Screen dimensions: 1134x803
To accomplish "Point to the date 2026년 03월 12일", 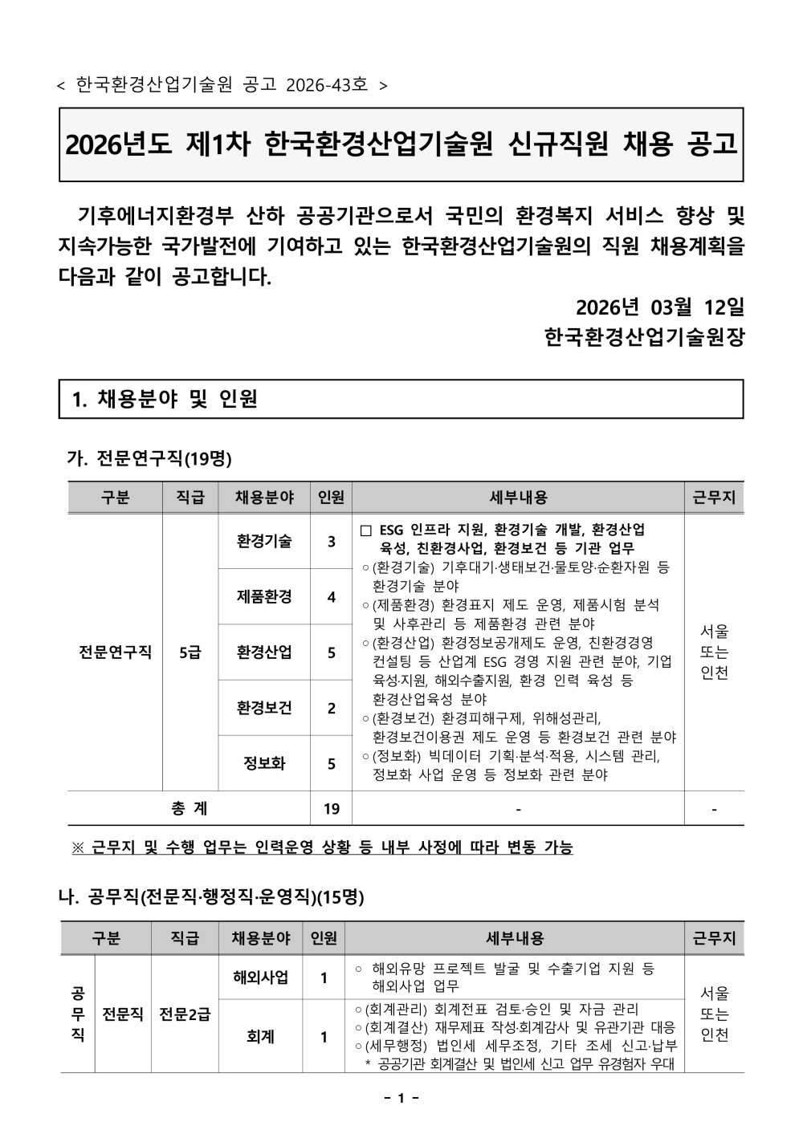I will click(660, 307).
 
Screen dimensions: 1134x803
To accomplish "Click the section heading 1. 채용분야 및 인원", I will click(165, 399).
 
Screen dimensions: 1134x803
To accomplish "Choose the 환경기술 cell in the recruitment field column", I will click(264, 541).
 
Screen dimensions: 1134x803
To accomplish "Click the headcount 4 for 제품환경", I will click(332, 597).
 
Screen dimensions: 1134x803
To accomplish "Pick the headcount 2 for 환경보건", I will click(332, 708).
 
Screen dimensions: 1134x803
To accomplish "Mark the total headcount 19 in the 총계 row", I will click(332, 809).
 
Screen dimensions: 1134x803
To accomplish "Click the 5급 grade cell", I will click(190, 652).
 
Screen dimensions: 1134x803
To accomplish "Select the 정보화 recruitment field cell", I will click(264, 763).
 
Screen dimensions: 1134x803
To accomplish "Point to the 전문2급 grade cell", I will click(185, 1014).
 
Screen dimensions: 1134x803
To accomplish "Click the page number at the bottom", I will click(401, 1098).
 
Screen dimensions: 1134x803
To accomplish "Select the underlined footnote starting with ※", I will click(322, 847).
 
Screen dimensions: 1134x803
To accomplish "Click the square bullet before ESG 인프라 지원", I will click(366, 530).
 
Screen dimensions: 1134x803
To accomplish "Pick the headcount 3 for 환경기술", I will click(332, 542).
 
